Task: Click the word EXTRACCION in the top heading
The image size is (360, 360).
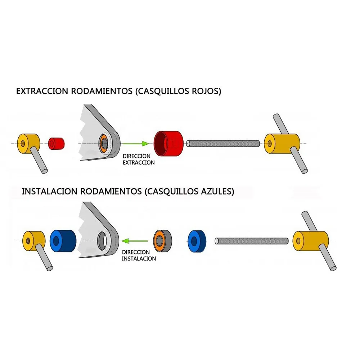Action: tap(42, 91)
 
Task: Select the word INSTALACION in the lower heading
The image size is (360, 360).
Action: tap(49, 191)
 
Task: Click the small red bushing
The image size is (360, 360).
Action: tap(57, 143)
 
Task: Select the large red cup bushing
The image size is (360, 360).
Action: tap(168, 143)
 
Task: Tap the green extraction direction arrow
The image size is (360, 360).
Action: tap(135, 144)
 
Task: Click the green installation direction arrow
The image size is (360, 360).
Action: tap(135, 240)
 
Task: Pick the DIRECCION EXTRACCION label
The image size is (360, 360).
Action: tap(139, 159)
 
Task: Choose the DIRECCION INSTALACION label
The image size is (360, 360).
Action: tap(139, 256)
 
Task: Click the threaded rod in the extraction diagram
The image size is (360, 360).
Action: tap(223, 143)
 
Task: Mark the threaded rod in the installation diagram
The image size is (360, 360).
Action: tap(252, 240)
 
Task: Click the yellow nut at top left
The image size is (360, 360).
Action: tap(28, 143)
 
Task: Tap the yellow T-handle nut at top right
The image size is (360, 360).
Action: tap(282, 143)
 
